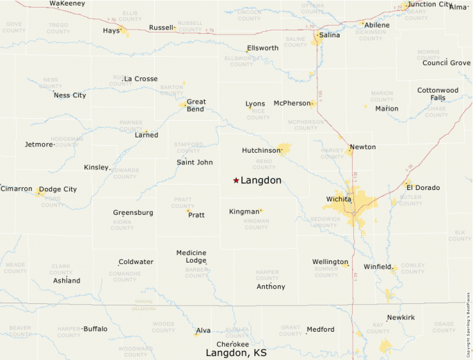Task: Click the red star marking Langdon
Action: pyautogui.click(x=236, y=180)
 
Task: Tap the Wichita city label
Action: pyautogui.click(x=339, y=199)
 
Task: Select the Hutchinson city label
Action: pyautogui.click(x=261, y=150)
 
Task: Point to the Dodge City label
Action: pyautogui.click(x=57, y=189)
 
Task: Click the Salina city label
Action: pyautogui.click(x=329, y=35)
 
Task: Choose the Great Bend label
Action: pyautogui.click(x=196, y=105)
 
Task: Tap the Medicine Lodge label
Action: pyautogui.click(x=191, y=256)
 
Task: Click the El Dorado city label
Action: pyautogui.click(x=423, y=187)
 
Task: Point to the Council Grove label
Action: pyautogui.click(x=446, y=63)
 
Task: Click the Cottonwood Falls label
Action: pyautogui.click(x=438, y=94)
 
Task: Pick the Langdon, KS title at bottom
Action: pyautogui.click(x=236, y=353)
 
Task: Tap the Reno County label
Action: pyautogui.click(x=264, y=164)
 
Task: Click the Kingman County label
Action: pyautogui.click(x=256, y=225)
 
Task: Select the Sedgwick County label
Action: pyautogui.click(x=325, y=222)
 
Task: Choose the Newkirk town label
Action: pyautogui.click(x=400, y=317)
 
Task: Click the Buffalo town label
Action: pyautogui.click(x=95, y=329)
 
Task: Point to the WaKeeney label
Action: pyautogui.click(x=67, y=3)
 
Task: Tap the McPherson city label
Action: pyautogui.click(x=292, y=103)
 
